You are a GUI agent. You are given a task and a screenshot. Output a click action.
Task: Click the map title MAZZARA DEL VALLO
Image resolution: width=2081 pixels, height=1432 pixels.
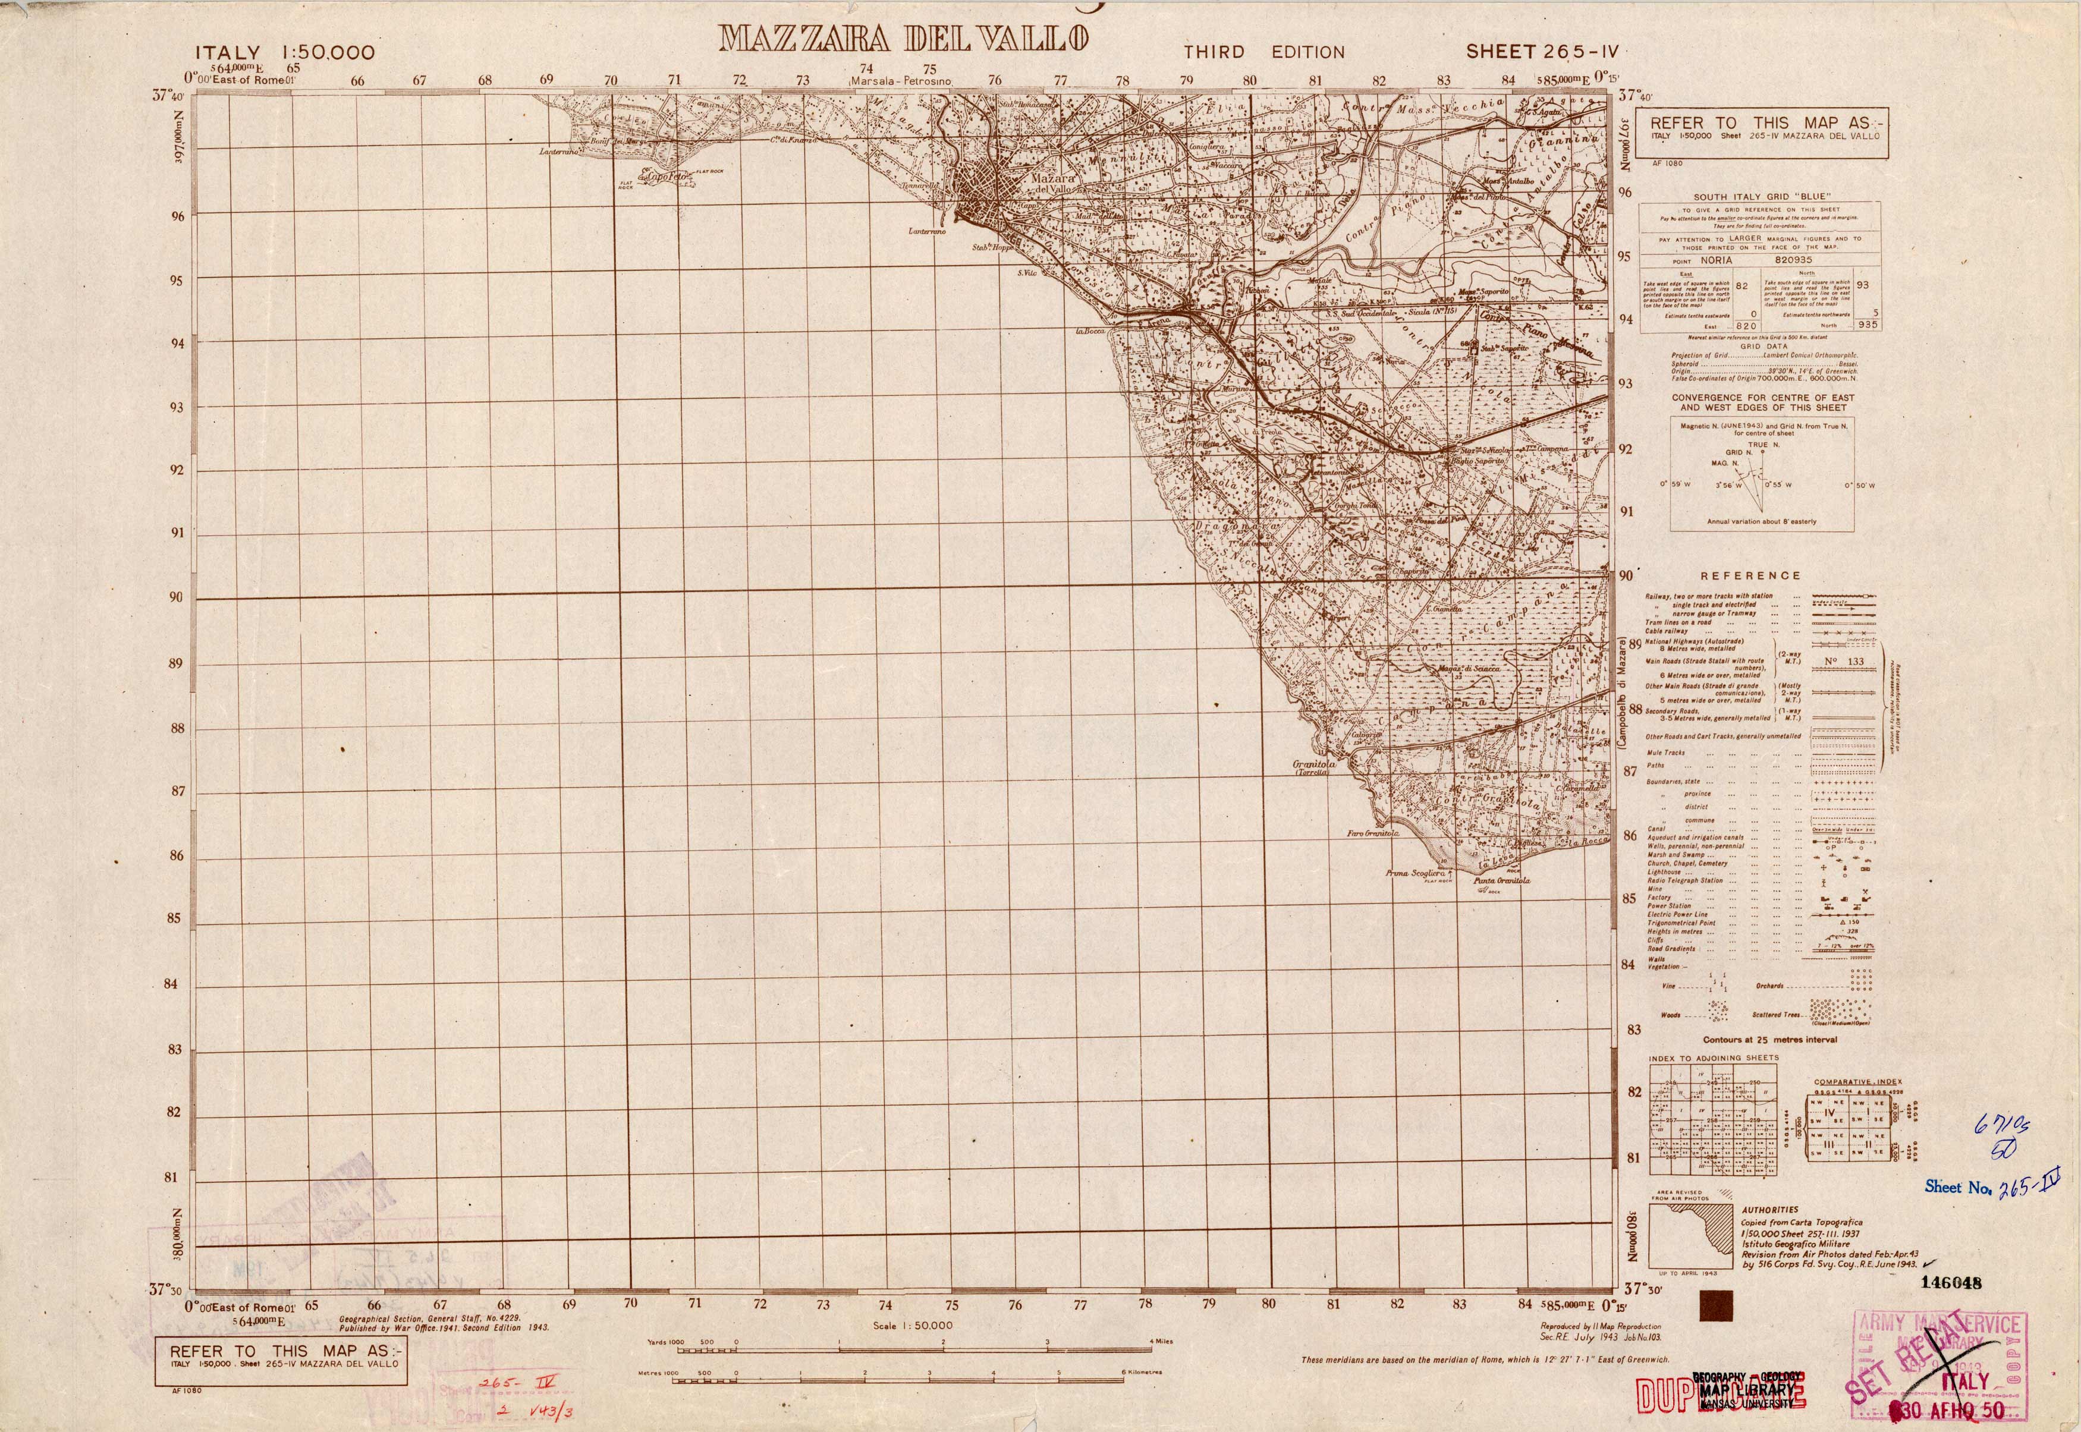(904, 39)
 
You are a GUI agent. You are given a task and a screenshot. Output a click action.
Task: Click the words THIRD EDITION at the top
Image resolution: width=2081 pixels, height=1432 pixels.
(1263, 53)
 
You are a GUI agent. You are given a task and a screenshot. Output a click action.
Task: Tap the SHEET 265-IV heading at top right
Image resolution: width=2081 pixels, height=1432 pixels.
(1542, 52)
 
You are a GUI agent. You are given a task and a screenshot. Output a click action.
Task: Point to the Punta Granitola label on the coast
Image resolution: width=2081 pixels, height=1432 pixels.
(1501, 880)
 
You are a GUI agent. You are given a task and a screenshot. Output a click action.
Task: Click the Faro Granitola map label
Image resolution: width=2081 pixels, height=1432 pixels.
(1373, 833)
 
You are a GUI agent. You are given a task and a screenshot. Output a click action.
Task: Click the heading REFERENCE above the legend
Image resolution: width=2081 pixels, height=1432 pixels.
(1750, 576)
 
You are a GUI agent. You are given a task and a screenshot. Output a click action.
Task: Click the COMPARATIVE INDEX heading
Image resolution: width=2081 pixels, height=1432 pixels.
(1857, 1082)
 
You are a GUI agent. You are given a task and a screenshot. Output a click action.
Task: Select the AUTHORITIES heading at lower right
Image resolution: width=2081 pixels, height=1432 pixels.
(1769, 1210)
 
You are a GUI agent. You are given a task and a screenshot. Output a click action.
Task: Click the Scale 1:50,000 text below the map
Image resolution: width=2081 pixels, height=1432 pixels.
(913, 1325)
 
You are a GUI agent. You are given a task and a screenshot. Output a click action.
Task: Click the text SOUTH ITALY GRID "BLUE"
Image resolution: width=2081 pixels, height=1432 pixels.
(1749, 197)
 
